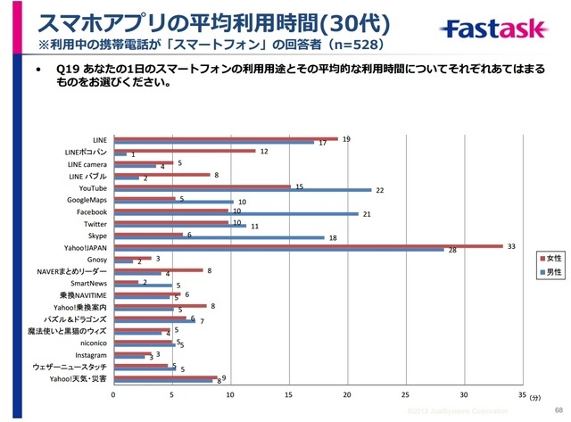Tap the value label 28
coord(452,251)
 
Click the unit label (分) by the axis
coord(534,393)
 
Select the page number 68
coord(557,410)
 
